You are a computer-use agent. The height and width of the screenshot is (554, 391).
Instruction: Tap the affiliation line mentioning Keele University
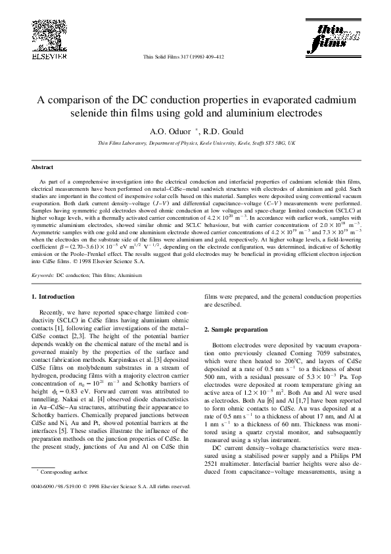(x=196, y=142)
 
